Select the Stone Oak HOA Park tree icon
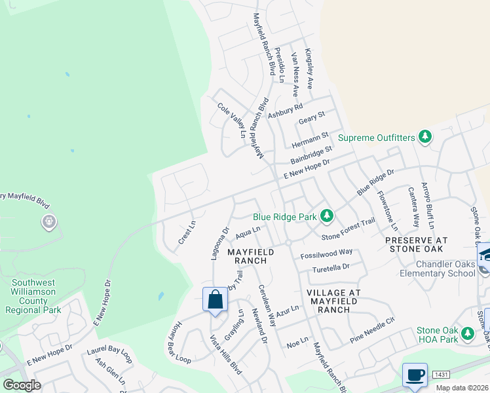click(467, 334)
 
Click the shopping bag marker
click(215, 301)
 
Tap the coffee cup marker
click(415, 375)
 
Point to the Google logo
click(21, 385)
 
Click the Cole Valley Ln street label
click(231, 120)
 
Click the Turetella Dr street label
click(331, 268)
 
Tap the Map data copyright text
click(462, 388)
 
